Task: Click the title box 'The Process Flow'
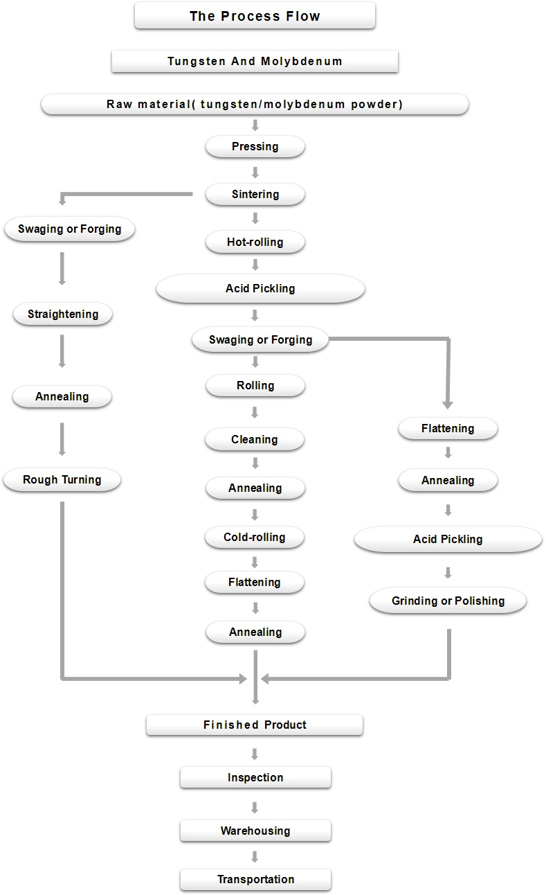[255, 15]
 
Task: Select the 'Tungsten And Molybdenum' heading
[255, 61]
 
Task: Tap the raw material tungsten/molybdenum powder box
[255, 105]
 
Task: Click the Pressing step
[255, 146]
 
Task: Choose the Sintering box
[255, 195]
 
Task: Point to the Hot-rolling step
[255, 242]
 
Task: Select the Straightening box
[63, 314]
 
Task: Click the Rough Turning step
[62, 479]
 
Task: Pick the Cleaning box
[255, 439]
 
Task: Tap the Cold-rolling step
[255, 537]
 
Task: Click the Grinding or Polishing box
[448, 601]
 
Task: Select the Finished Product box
[255, 725]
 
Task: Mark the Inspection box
[255, 777]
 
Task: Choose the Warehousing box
[255, 831]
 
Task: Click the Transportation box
[255, 879]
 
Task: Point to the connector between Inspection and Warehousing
[255, 805]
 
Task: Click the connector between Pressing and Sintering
[255, 171]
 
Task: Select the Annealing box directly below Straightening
[62, 396]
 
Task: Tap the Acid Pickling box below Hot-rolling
[260, 288]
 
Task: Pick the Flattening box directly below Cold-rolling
[255, 582]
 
